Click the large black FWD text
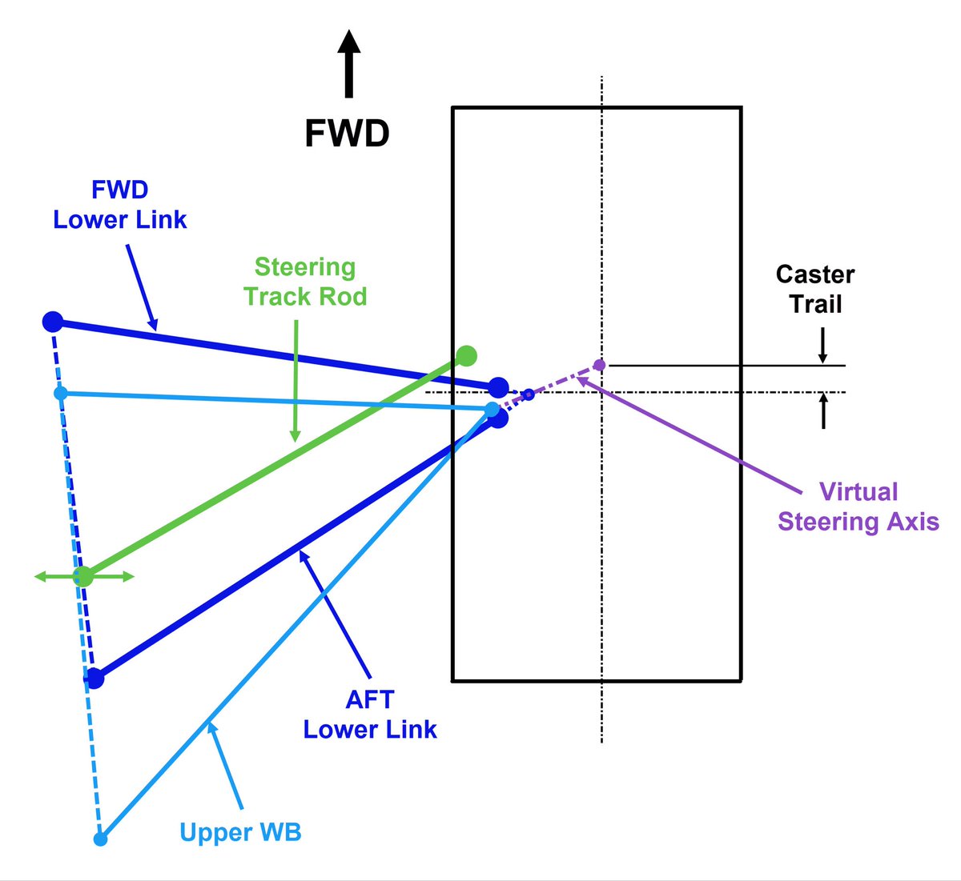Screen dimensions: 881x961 347,134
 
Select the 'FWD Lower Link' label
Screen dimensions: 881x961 120,205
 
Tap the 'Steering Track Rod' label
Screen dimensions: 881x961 305,282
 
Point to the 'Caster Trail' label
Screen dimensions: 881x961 815,289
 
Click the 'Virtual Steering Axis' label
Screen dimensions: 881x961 858,507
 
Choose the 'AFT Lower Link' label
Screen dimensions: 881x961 370,715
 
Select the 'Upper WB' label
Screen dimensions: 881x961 240,832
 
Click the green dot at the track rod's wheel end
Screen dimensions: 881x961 466,355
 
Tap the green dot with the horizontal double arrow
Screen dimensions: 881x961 83,576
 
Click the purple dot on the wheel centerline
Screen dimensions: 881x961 599,365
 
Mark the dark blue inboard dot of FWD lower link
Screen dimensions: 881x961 53,322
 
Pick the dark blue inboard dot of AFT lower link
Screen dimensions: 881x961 94,679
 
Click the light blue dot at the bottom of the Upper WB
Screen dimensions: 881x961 100,839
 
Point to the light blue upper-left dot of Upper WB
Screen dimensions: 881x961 61,393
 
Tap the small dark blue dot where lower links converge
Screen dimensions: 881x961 529,394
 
